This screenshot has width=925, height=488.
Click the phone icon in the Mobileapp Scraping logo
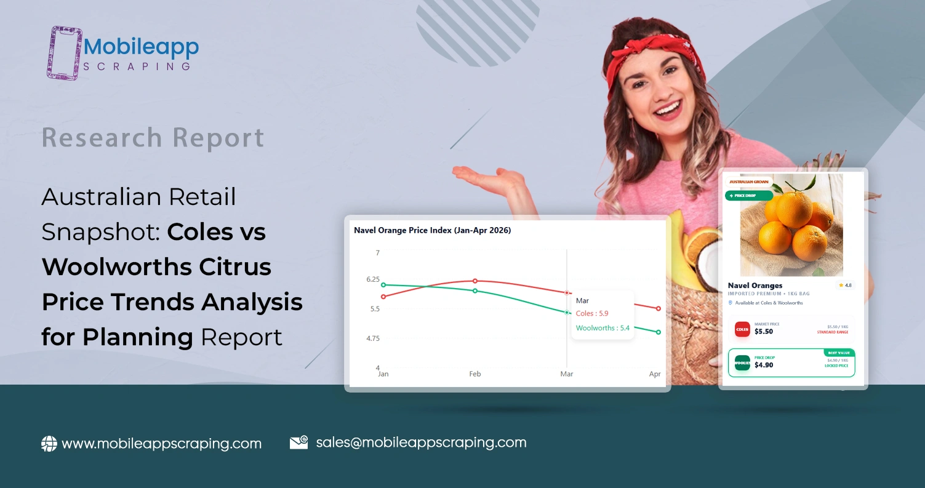[64, 52]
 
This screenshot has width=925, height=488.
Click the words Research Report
[153, 138]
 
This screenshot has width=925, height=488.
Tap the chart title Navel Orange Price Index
[432, 230]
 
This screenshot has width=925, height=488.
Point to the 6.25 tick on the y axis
[373, 279]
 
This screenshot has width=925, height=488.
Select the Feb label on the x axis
[475, 374]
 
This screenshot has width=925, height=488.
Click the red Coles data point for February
[475, 281]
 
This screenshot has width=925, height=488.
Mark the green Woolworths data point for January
[383, 285]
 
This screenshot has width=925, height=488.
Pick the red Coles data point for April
[659, 308]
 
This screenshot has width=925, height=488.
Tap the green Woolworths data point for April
[659, 332]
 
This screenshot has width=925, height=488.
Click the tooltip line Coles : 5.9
[591, 314]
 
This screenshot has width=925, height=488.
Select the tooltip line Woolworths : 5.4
[603, 328]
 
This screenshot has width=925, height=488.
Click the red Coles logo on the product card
[742, 329]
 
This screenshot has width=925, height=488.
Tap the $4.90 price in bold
[764, 365]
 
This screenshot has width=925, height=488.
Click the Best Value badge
[838, 353]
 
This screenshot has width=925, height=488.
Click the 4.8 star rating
[844, 286]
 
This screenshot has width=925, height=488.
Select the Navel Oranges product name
[755, 286]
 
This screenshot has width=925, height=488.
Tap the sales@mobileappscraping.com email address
[421, 442]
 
